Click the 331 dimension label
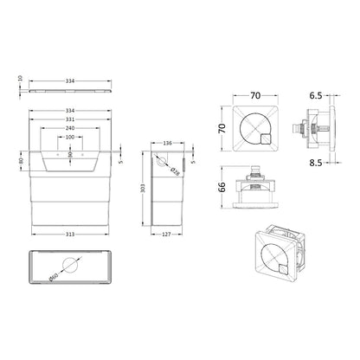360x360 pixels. [70, 119]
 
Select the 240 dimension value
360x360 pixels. [70, 128]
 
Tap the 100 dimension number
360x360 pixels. [70, 137]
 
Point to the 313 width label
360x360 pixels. [70, 235]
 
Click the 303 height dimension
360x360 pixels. [145, 188]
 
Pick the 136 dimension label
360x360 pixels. [168, 143]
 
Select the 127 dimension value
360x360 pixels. [166, 235]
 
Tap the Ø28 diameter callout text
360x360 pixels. [175, 171]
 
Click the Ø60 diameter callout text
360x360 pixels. [54, 277]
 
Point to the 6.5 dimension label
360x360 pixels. [316, 95]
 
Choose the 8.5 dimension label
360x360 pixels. [316, 163]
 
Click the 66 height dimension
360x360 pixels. [222, 187]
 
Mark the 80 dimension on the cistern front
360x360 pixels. [21, 161]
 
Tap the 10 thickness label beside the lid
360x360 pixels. [20, 78]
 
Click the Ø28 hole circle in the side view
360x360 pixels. [162, 162]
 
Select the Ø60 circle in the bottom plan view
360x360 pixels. [70, 265]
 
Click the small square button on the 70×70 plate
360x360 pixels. [266, 139]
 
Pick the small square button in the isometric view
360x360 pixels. [284, 269]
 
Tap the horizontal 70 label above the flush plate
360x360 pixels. [255, 95]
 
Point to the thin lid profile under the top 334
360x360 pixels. [70, 91]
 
